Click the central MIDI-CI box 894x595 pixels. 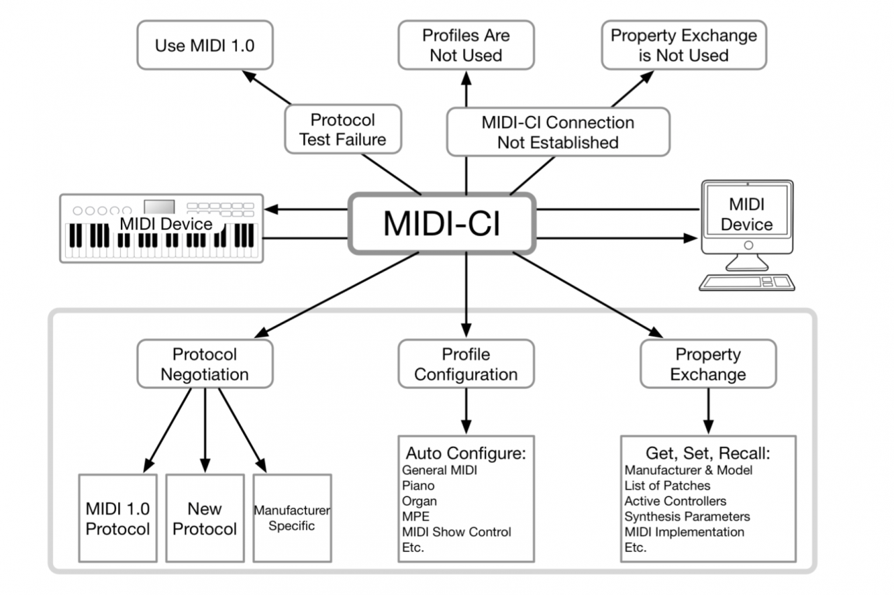441,224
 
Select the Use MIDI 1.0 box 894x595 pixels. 205,46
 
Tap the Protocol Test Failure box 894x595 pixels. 343,130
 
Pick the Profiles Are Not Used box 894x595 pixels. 466,45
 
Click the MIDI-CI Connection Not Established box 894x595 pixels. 557,132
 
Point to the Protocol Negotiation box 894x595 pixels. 205,364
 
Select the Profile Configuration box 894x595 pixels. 466,364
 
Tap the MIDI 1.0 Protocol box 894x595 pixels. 117,518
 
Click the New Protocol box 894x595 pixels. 205,518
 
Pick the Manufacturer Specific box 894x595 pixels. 291,518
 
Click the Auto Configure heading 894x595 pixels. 465,453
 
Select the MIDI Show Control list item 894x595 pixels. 456,532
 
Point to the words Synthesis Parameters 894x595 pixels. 687,517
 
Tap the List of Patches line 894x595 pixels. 667,485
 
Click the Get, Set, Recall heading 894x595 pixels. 708,453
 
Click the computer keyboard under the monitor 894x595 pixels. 747,281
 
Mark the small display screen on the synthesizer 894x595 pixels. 159,207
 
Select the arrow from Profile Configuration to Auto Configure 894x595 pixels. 466,411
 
